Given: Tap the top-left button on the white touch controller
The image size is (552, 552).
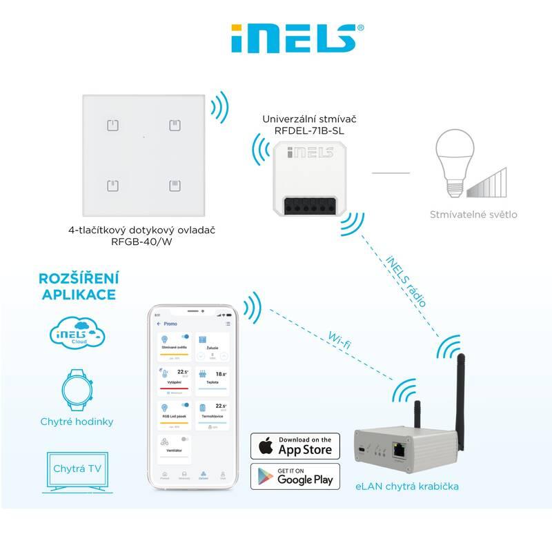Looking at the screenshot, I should (x=114, y=126).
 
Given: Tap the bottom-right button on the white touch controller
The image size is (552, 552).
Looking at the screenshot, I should (x=174, y=186).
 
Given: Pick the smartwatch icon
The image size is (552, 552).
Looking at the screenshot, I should (x=77, y=388).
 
